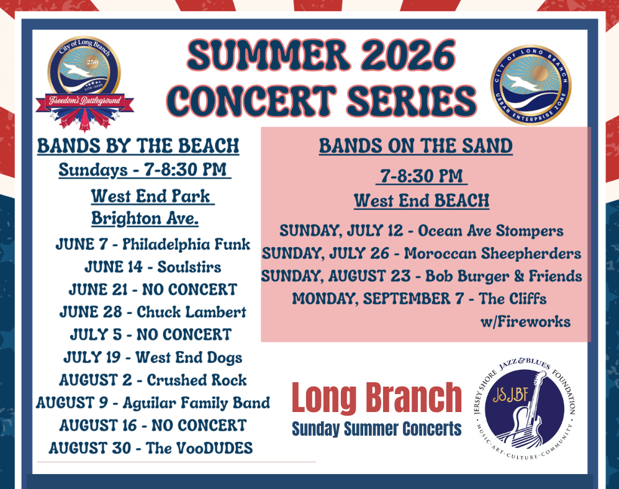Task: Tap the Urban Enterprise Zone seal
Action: [x=531, y=85]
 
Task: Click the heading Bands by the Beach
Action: [x=138, y=146]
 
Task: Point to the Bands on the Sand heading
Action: [x=415, y=146]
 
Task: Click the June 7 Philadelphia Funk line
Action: [x=153, y=244]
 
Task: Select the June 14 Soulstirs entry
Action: [x=153, y=267]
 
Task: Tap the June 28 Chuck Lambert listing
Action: [x=153, y=312]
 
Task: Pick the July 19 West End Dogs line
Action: [x=153, y=357]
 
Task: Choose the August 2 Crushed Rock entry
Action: [x=153, y=380]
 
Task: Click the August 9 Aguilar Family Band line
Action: [x=153, y=403]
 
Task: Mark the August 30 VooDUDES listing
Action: [x=151, y=448]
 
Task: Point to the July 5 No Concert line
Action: [x=151, y=334]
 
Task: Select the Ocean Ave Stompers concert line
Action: [x=422, y=231]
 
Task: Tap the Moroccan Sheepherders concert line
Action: [x=422, y=254]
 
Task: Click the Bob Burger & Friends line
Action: [x=422, y=276]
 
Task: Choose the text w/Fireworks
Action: [x=525, y=322]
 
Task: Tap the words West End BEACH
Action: [x=422, y=201]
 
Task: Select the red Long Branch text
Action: [x=377, y=398]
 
